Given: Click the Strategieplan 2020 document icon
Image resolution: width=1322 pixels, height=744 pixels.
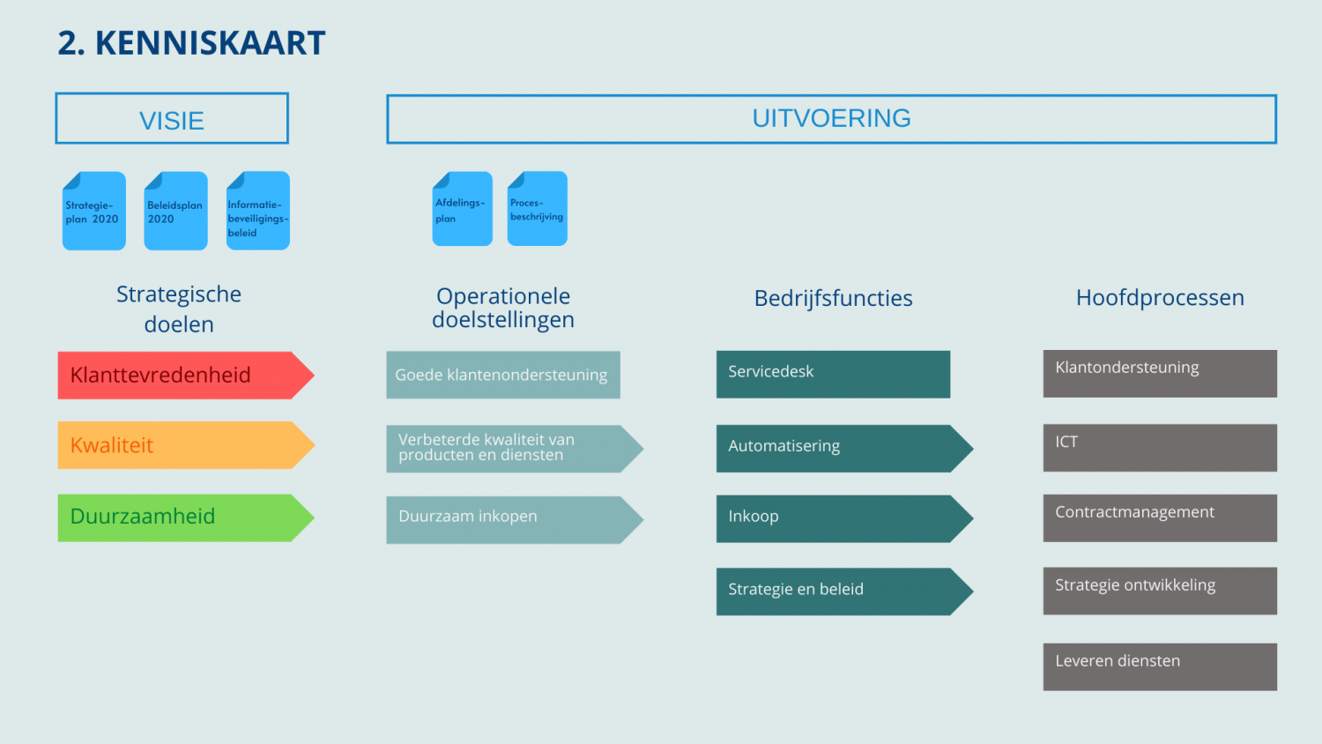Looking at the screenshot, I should click(93, 212).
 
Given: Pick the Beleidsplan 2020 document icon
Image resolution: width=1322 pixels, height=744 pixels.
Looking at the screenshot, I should click(175, 212).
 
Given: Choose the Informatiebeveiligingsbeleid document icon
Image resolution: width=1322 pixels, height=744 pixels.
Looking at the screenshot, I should click(257, 212).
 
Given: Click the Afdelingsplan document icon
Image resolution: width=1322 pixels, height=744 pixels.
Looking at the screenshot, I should click(462, 209).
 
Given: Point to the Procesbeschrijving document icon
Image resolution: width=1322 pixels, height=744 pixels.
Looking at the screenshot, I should click(537, 209).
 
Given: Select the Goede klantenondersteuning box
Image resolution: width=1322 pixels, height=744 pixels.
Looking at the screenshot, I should click(502, 375).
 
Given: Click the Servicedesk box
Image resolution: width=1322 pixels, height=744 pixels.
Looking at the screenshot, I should click(832, 374).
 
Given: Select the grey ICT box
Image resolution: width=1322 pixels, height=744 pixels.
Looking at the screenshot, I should click(1159, 448).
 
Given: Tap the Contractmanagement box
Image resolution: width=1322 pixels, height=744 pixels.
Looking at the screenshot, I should click(1159, 517).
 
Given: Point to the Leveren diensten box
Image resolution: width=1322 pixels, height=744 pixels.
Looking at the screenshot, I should click(1159, 666).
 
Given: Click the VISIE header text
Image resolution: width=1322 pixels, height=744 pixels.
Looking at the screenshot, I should click(172, 120).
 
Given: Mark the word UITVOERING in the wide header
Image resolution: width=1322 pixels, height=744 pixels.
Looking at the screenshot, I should click(831, 118).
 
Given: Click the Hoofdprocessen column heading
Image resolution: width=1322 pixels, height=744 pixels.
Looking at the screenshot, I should click(1159, 298).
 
